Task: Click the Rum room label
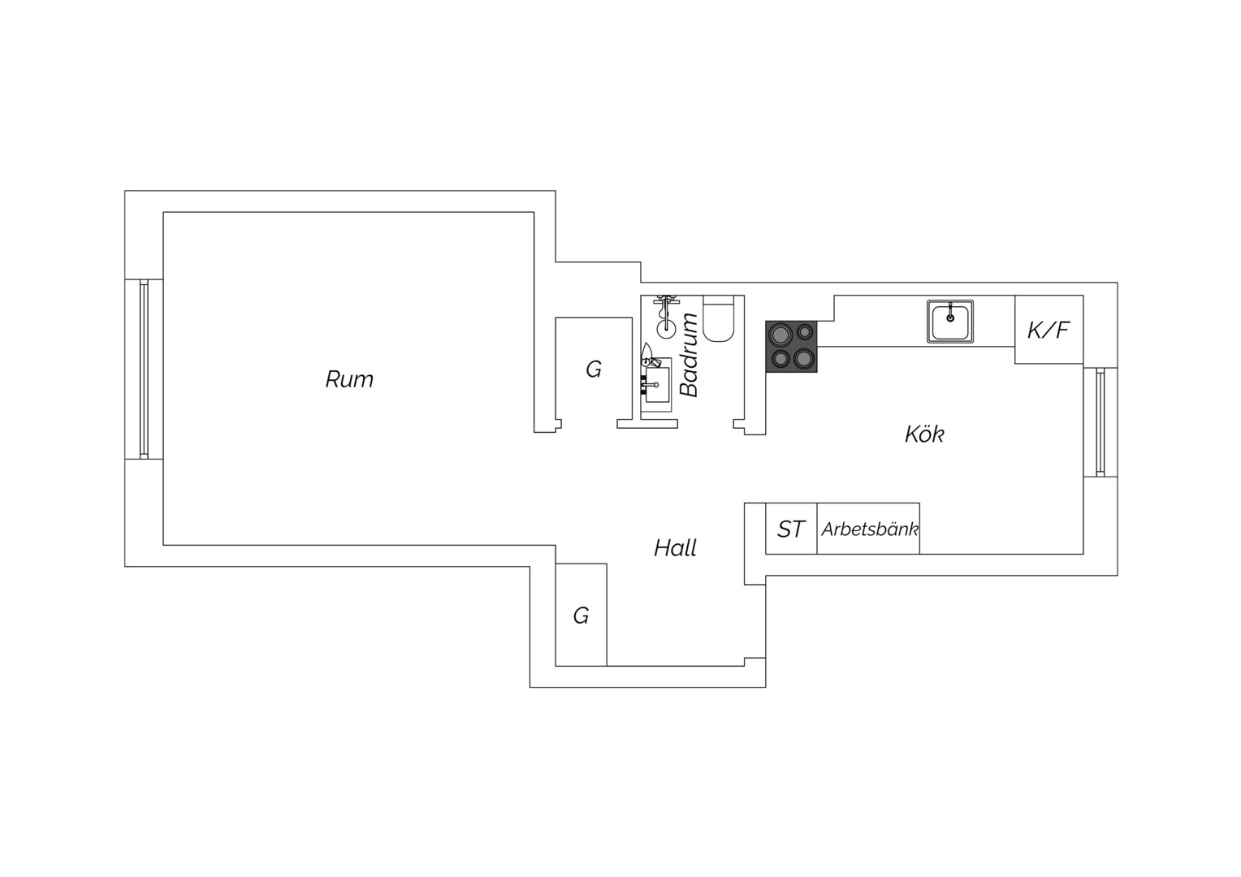349,379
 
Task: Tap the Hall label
675,548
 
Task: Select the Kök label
924,434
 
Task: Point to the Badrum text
689,355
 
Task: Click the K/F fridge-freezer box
1049,330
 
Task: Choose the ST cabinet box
791,529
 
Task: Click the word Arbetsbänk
869,529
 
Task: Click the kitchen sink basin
950,322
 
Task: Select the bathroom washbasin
656,384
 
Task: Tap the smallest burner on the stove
804,332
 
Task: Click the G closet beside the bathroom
594,369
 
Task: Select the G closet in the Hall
582,615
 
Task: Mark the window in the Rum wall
144,369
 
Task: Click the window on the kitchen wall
1100,422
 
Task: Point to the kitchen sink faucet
950,313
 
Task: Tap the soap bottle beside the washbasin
646,353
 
